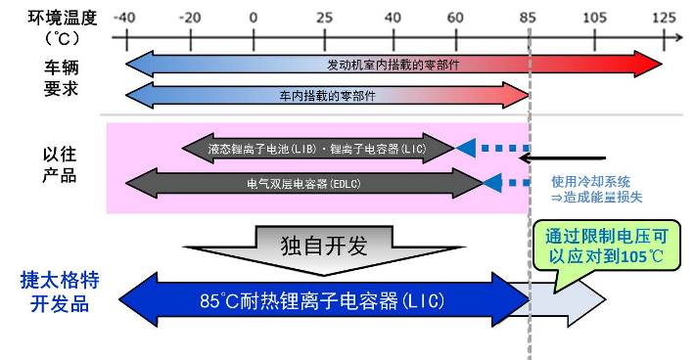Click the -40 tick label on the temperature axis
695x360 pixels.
click(x=124, y=17)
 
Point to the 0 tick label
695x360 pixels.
click(x=254, y=17)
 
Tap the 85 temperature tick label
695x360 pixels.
click(x=530, y=17)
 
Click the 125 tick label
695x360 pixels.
click(x=664, y=17)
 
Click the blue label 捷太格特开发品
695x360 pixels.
click(x=60, y=291)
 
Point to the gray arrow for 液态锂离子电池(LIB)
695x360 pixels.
click(x=319, y=149)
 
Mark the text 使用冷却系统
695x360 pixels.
click(x=590, y=181)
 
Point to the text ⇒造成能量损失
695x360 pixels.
click(x=597, y=197)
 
